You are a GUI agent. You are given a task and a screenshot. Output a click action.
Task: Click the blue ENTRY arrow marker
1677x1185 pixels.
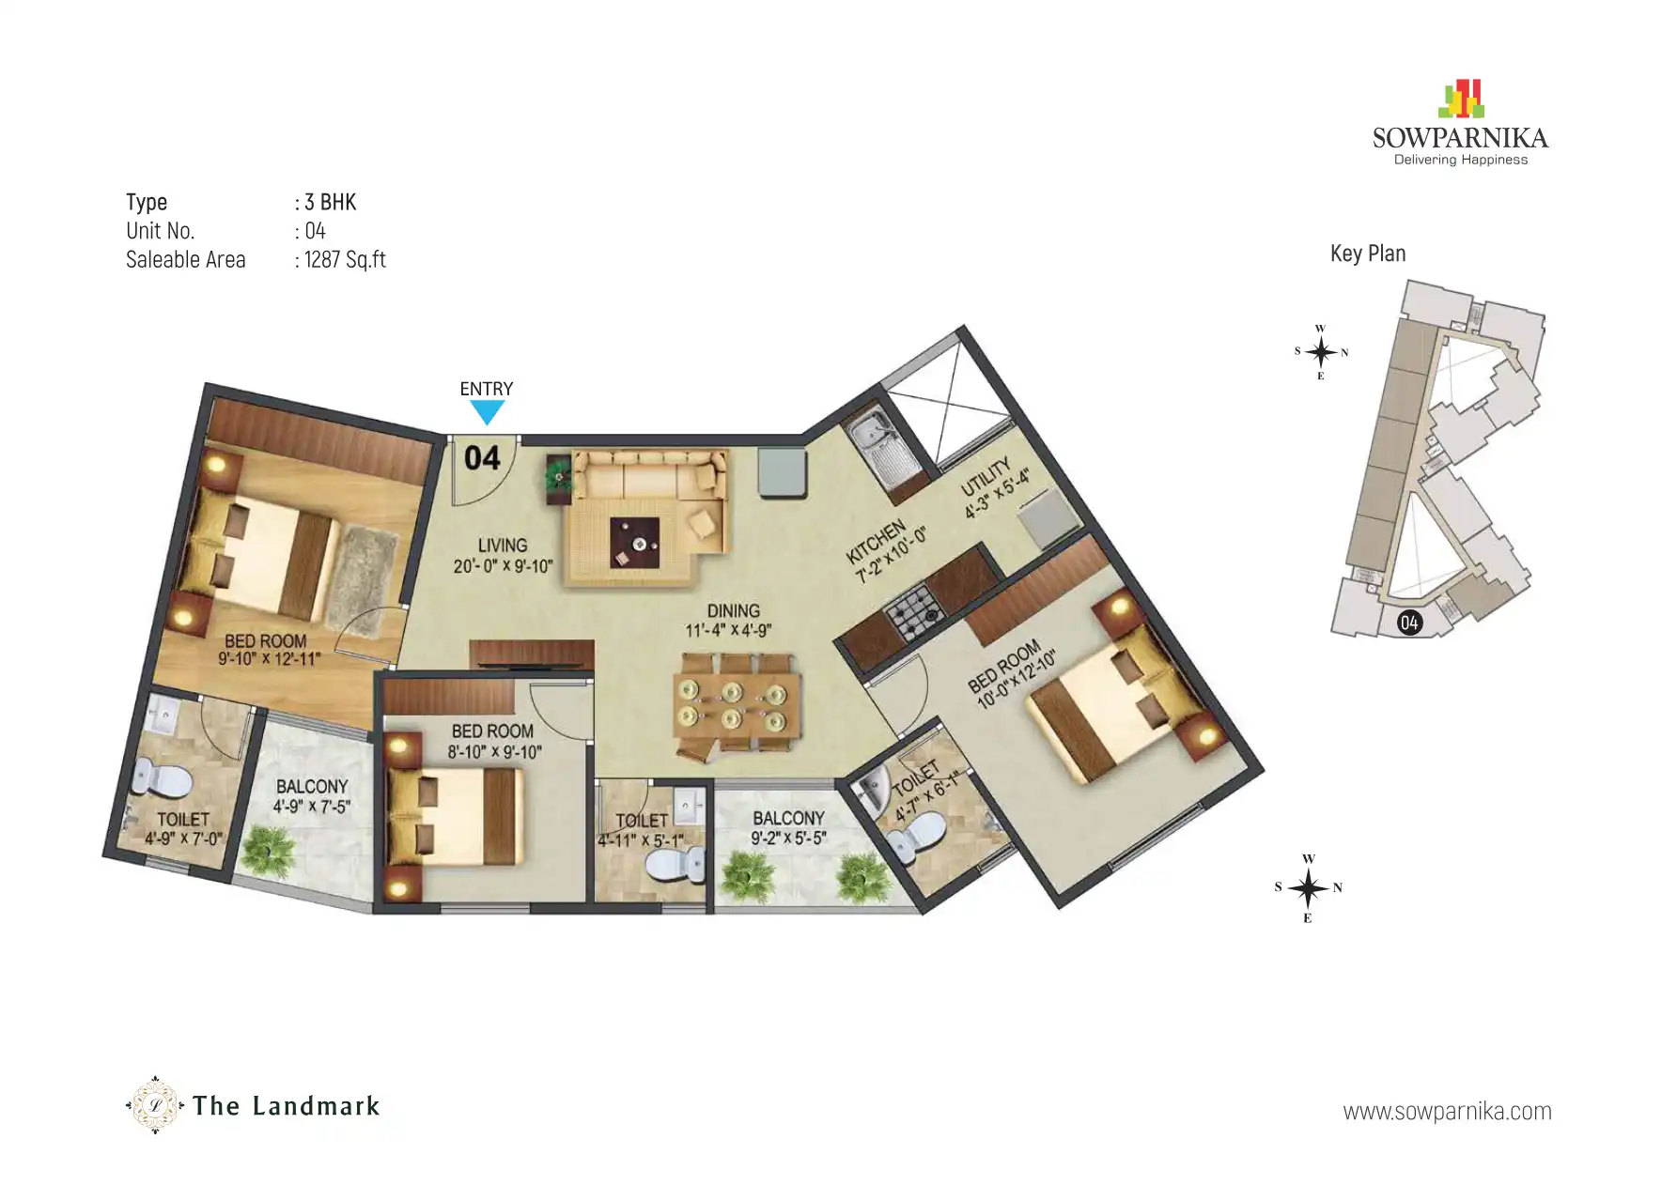tap(487, 411)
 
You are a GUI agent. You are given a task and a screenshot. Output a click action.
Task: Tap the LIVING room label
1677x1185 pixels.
tap(503, 545)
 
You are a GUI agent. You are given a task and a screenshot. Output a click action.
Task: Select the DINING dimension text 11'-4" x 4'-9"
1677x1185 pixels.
tap(728, 631)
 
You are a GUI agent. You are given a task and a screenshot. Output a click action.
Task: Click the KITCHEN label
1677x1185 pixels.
tap(876, 542)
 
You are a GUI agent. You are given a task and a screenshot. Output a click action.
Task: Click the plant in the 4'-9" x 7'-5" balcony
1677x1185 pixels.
tap(269, 852)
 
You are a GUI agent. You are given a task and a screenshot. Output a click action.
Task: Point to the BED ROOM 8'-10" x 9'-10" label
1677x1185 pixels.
tap(492, 731)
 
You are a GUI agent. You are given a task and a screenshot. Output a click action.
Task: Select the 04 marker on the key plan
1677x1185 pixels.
tap(1408, 622)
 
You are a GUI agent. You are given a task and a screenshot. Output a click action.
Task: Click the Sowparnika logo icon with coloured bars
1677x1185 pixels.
tap(1460, 99)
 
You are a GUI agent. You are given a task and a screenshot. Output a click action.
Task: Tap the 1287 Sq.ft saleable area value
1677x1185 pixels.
tap(345, 260)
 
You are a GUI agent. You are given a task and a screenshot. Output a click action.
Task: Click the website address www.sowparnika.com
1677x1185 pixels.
tap(1447, 1112)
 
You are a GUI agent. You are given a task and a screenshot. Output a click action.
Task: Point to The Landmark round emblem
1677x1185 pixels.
tap(155, 1105)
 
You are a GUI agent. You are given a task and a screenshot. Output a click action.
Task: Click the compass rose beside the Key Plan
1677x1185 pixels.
tap(1320, 353)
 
